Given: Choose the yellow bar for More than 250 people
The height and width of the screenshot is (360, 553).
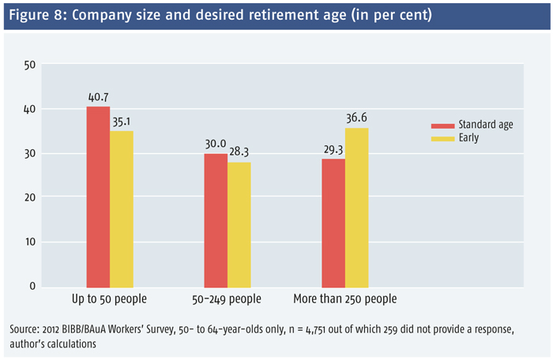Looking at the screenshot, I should [x=357, y=206].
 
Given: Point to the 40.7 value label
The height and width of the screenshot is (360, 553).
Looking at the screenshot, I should [x=98, y=99].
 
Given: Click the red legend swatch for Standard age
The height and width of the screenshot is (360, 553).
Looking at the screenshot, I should [x=439, y=126].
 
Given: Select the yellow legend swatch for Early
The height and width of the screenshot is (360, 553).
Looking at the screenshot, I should [x=439, y=137].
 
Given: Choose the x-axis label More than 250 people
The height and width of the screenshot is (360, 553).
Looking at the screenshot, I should [x=344, y=299].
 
